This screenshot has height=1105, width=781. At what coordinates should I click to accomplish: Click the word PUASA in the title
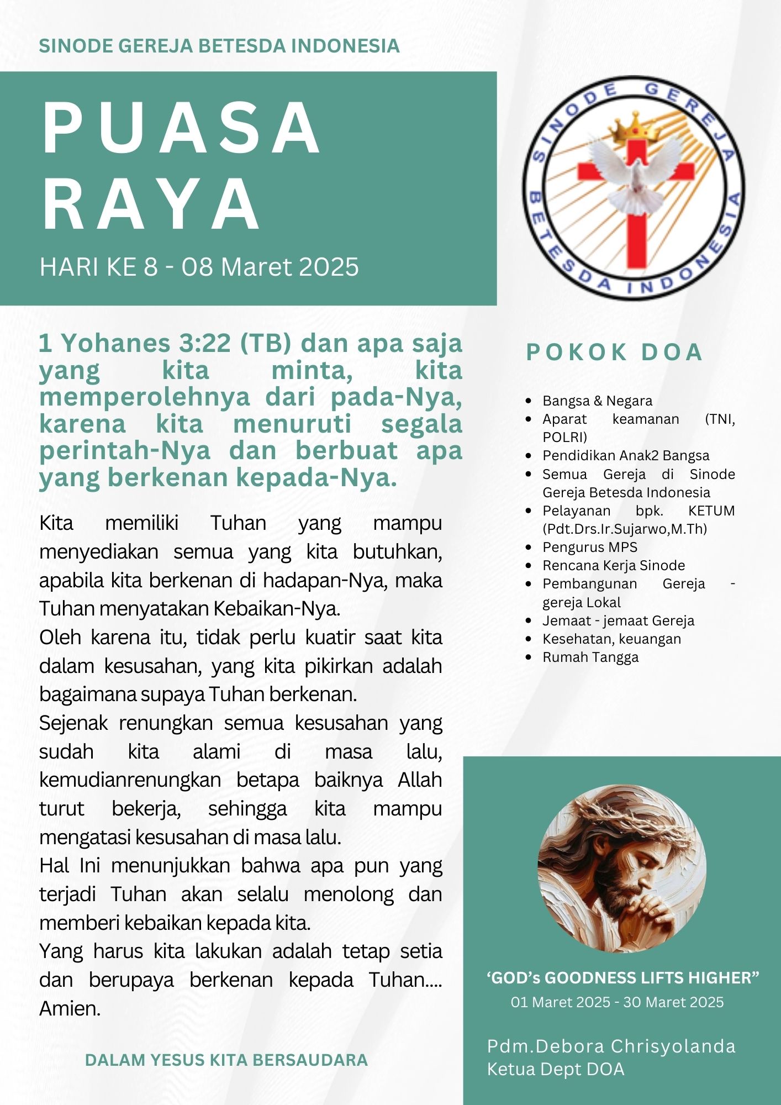pyautogui.click(x=181, y=129)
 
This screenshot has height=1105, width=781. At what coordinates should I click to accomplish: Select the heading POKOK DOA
pyautogui.click(x=614, y=352)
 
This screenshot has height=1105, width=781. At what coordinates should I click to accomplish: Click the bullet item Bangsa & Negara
pyautogui.click(x=597, y=401)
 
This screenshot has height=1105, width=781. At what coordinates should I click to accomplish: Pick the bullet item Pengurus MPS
pyautogui.click(x=589, y=547)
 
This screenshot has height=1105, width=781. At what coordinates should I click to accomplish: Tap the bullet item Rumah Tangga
pyautogui.click(x=590, y=657)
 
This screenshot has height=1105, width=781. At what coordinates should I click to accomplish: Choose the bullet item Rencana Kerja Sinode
pyautogui.click(x=613, y=565)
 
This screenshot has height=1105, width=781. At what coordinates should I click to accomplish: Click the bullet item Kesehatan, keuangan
pyautogui.click(x=611, y=639)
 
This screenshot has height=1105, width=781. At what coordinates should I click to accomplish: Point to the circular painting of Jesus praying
pyautogui.click(x=622, y=869)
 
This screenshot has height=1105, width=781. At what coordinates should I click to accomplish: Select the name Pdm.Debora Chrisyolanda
pyautogui.click(x=611, y=1046)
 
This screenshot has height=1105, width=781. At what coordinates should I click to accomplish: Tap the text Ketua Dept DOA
pyautogui.click(x=555, y=1069)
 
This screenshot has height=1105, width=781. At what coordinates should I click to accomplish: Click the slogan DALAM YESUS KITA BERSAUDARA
pyautogui.click(x=226, y=1060)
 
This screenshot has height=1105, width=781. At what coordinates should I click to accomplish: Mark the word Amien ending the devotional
pyautogui.click(x=70, y=1009)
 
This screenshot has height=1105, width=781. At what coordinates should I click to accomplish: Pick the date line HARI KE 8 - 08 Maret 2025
pyautogui.click(x=199, y=267)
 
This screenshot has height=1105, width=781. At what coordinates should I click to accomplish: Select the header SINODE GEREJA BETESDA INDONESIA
pyautogui.click(x=219, y=46)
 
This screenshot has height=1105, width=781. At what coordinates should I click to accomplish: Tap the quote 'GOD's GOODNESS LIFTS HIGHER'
pyautogui.click(x=622, y=978)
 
